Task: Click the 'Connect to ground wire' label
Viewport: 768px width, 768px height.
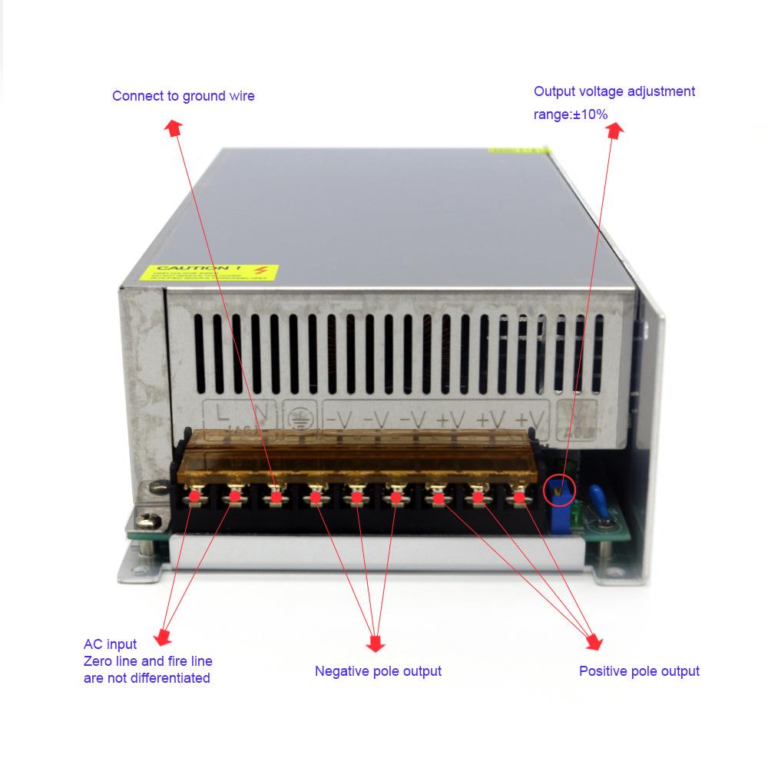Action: coord(183,96)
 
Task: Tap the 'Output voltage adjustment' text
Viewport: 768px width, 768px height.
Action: coord(614,91)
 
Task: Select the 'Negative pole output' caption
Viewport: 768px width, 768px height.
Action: coord(378,671)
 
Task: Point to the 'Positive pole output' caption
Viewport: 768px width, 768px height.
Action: coord(639,671)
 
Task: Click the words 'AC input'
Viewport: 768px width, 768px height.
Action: coord(110,644)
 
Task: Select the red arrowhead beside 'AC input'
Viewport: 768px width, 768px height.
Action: coord(162,637)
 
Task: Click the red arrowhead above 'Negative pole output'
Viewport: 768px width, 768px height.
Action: coord(376,641)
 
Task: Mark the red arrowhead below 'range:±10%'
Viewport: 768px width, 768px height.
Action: coord(614,131)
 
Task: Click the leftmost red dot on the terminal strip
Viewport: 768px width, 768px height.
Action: coord(195,496)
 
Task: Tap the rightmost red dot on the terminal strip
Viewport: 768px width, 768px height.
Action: coord(520,497)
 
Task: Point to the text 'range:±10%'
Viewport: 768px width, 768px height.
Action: coord(571,114)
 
